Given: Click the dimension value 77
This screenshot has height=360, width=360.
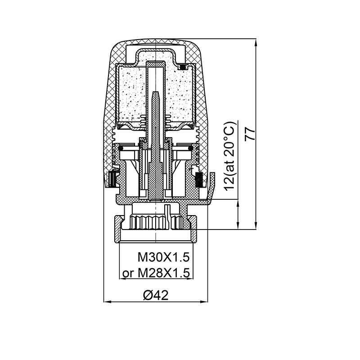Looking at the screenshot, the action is [x=250, y=134].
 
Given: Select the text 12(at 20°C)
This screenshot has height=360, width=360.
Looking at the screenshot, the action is [x=230, y=156].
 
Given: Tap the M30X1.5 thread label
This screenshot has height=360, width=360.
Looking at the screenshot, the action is [x=164, y=257].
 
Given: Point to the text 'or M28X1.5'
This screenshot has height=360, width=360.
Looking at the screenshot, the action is [x=156, y=273].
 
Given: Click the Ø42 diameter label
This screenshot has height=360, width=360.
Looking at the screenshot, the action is [x=156, y=295].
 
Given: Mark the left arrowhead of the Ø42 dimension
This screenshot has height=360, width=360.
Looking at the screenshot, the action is [x=108, y=301].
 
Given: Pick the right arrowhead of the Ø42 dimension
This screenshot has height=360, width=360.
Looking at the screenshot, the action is [x=204, y=301].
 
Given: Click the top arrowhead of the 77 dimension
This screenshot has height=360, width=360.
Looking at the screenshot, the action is [x=256, y=42].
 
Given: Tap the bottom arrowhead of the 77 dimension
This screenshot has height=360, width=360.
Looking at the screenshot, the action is [x=256, y=225].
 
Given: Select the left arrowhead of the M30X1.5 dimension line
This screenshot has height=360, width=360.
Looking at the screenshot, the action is [x=123, y=279].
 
